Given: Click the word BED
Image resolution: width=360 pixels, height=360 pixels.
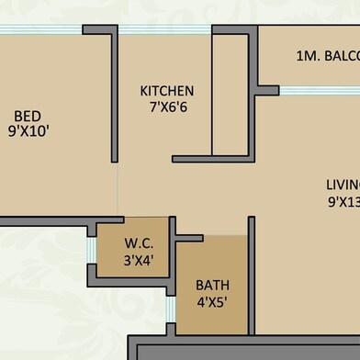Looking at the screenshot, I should pos(27,116).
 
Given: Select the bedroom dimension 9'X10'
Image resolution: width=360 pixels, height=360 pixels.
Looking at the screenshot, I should pos(28,131).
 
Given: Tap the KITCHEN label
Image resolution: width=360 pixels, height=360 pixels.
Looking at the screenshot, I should pos(166,91).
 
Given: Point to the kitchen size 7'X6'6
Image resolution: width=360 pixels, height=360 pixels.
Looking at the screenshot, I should pos(166,107).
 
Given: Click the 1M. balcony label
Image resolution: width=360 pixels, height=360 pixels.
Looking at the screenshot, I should pos(327,56).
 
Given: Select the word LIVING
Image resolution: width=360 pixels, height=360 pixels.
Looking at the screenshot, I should pos(342,182).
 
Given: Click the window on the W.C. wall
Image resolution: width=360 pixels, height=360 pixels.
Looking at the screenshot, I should pos(91,250).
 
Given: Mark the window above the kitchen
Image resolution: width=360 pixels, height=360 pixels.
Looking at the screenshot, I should pos(166,29).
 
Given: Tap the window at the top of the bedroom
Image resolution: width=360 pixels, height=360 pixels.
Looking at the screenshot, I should pos(41,29).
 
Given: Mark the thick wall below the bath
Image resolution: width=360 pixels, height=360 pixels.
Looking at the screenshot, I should pos(248,349).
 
